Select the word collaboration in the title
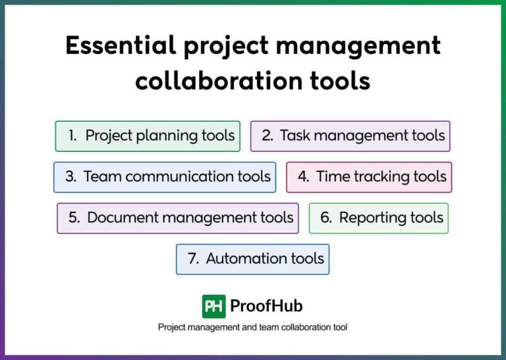point(213,80)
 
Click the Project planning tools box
point(148,136)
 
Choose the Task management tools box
point(350,136)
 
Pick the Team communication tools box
point(165,177)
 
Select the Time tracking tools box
point(369,177)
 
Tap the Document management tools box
point(178,218)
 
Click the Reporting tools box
point(379,218)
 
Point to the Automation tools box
point(252,258)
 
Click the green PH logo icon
point(213,306)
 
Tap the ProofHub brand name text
point(266,306)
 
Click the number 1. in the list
point(73,136)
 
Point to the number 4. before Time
point(303,177)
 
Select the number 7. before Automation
point(193,258)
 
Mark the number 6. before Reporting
point(326,218)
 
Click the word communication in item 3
point(179,177)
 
